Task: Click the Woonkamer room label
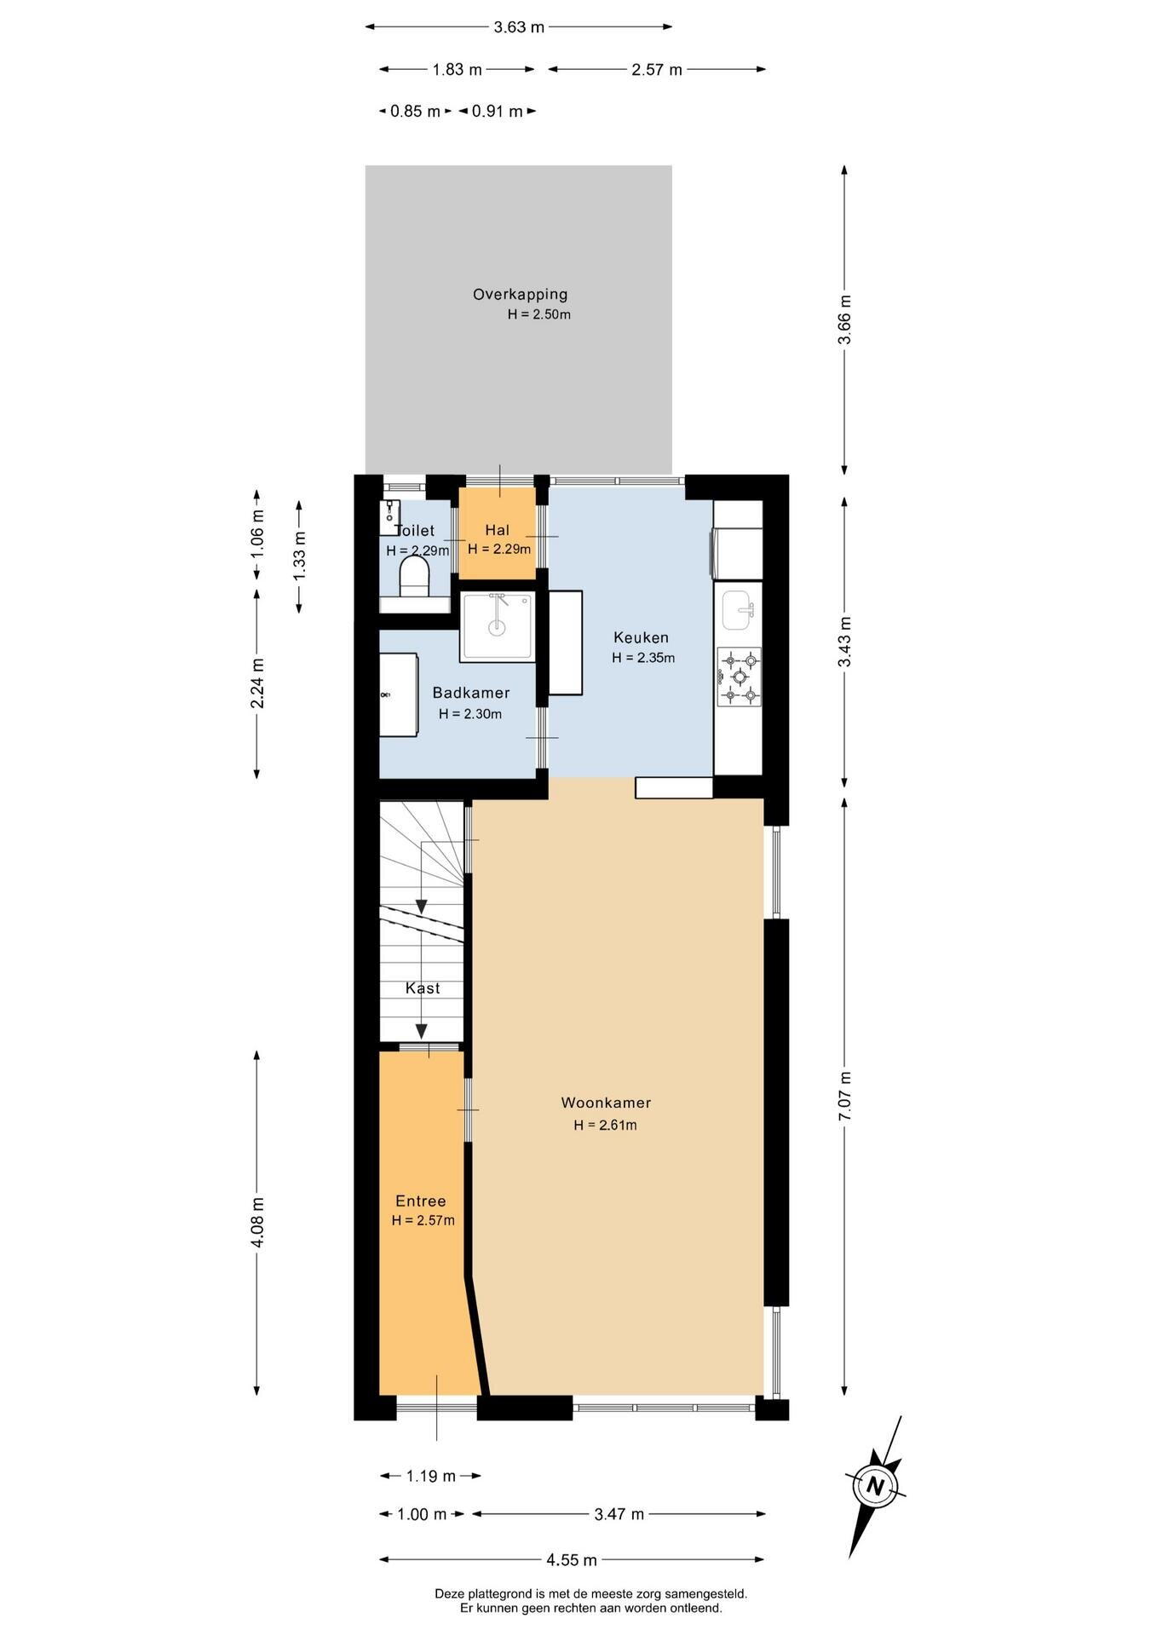pos(606,1103)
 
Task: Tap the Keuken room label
pos(642,637)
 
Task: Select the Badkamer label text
pos(471,693)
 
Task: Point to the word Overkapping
pos(521,295)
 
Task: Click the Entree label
pos(421,1201)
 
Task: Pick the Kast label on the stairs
pos(423,988)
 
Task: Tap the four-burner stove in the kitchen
pos(740,677)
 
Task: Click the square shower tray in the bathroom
pos(498,627)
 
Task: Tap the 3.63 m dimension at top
pos(519,27)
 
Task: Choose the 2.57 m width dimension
pos(657,70)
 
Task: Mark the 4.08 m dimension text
pos(257,1223)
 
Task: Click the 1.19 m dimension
pos(430,1476)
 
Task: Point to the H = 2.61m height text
pos(606,1125)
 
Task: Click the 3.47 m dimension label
pos(619,1514)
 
